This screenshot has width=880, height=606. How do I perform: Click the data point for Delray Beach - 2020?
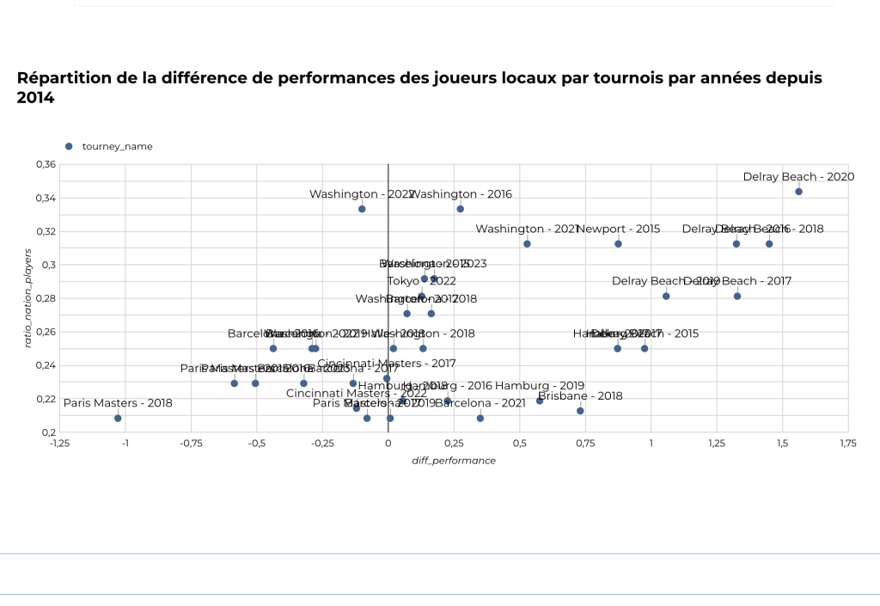click(798, 192)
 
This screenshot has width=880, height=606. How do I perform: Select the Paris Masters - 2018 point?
click(118, 419)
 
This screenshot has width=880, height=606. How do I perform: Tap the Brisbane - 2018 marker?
click(580, 411)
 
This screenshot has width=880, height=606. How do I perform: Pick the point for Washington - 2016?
click(460, 209)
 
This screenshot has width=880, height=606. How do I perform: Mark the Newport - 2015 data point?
click(618, 244)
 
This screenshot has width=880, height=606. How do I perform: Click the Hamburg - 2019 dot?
click(540, 401)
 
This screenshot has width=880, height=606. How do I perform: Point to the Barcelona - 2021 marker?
click(480, 419)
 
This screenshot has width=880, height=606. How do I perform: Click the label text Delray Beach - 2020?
click(786, 177)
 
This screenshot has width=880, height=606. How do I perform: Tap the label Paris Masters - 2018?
click(118, 403)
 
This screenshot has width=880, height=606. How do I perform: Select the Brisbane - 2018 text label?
click(580, 396)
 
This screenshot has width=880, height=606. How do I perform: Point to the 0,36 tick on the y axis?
click(46, 164)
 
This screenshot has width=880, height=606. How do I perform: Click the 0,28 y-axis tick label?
click(46, 298)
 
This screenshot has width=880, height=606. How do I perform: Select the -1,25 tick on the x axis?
click(59, 444)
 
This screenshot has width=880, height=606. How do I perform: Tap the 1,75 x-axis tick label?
click(847, 444)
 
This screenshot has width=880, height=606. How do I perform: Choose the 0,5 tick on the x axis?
click(520, 444)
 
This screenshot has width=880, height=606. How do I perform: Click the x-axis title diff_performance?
click(454, 461)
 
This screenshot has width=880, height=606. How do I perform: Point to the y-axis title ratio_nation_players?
click(27, 298)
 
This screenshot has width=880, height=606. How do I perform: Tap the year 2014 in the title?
click(36, 98)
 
